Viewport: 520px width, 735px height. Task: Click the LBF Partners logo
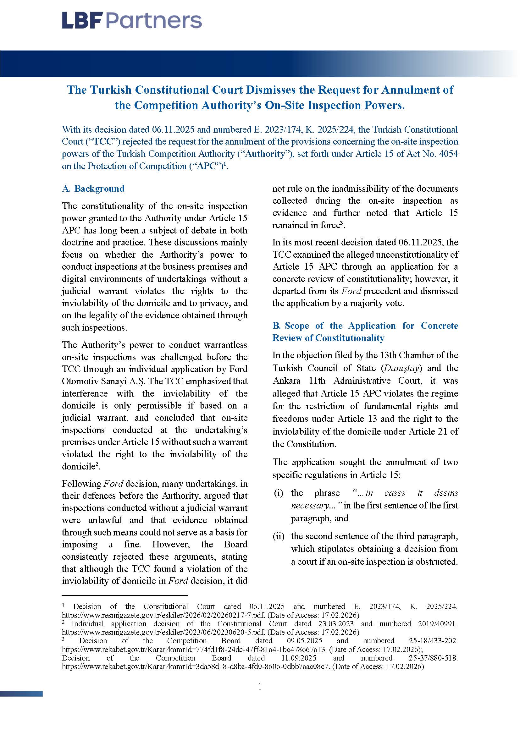[132, 20]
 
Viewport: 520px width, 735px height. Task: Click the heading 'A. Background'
[93, 189]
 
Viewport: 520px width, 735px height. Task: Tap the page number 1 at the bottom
[260, 686]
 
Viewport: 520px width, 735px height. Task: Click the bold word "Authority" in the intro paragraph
[266, 154]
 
